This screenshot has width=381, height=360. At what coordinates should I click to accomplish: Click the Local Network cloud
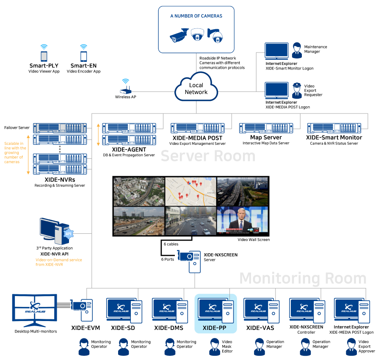coord(196,88)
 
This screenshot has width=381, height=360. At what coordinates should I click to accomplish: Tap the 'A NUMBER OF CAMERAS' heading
coord(196,16)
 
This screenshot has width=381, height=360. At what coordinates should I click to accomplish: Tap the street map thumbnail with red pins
coord(190,191)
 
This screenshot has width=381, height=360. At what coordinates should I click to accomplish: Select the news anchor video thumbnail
coord(242,220)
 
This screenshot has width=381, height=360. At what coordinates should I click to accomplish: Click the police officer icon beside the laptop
coord(297,91)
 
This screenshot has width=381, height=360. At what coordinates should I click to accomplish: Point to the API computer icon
coord(55,231)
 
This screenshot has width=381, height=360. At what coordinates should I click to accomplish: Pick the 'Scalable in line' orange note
coord(15,152)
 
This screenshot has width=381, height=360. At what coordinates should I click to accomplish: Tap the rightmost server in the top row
coord(334,128)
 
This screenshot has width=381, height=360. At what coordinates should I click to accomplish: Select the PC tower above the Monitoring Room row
coord(189,261)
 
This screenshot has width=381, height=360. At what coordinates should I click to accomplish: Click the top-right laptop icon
coord(277,51)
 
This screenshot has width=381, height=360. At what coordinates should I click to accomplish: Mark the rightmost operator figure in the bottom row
coord(351,347)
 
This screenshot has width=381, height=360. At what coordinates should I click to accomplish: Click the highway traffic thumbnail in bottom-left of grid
coord(139,221)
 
